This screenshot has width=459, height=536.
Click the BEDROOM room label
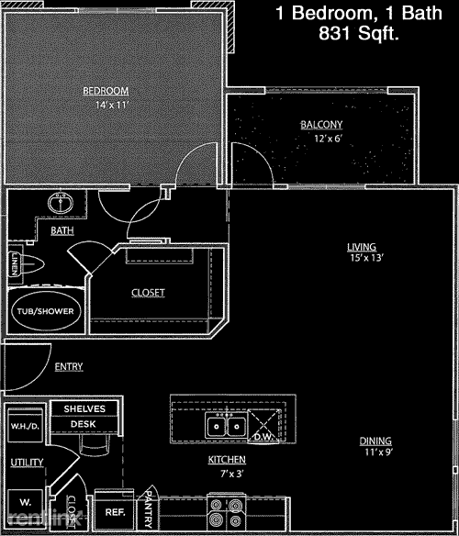106,90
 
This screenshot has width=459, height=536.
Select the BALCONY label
321,125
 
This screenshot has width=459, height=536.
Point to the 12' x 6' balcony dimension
321,140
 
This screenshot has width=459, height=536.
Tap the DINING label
376,441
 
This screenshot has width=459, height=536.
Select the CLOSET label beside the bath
148,293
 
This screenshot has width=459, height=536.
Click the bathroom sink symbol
62,203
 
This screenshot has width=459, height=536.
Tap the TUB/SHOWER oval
45,311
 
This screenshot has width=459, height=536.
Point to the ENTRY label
69,367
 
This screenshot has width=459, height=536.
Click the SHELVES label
84,408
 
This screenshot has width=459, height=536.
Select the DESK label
84,424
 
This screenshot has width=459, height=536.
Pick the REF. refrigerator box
115,512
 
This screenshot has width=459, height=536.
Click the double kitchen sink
225,426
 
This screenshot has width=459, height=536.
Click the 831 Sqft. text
361,34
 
